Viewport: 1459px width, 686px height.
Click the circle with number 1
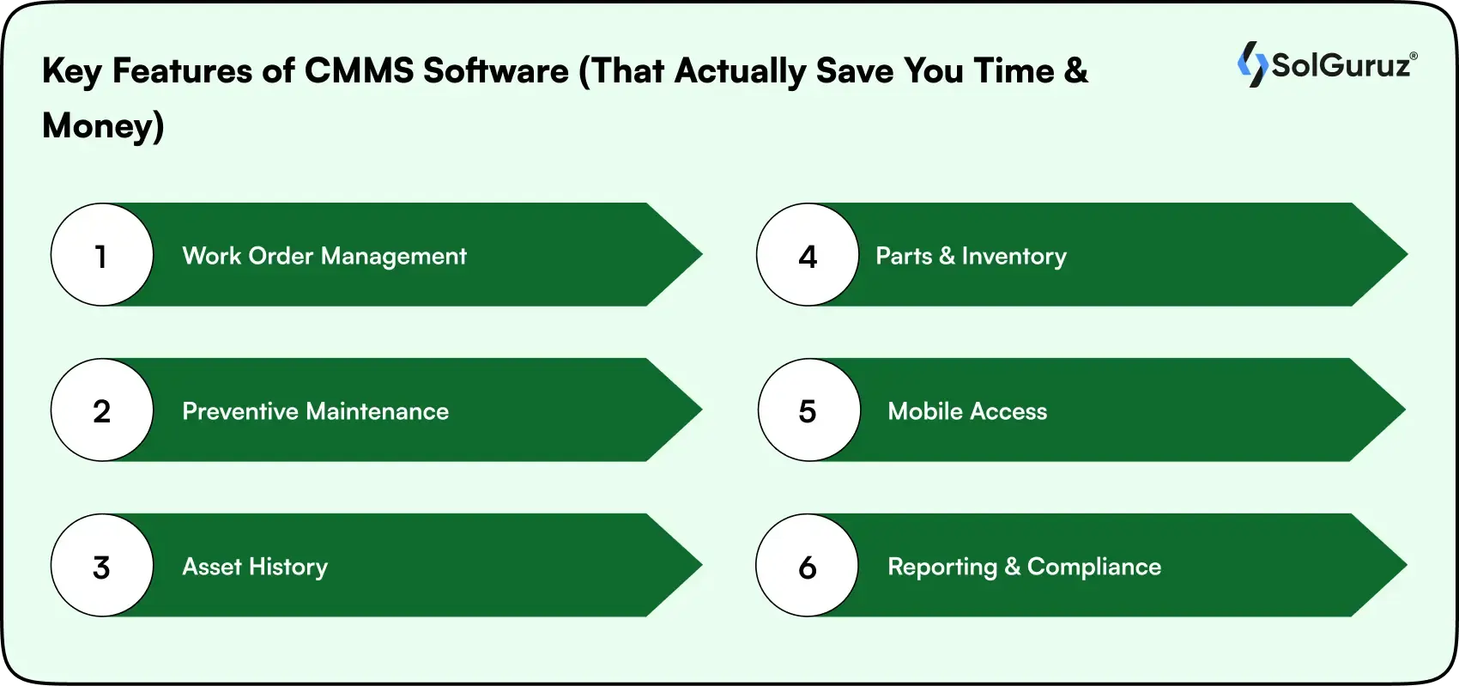tap(101, 255)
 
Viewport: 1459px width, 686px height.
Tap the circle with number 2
tap(101, 410)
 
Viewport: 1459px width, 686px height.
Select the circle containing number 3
tap(101, 566)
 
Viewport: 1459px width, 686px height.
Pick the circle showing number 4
tap(808, 255)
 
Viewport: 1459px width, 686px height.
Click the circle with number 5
tap(808, 410)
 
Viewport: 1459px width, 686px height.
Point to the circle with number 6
tap(808, 566)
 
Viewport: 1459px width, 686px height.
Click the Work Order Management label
tap(324, 256)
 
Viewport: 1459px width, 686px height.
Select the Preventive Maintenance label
tap(315, 411)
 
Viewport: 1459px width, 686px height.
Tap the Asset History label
tap(255, 567)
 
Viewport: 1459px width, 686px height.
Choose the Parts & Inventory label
tap(971, 256)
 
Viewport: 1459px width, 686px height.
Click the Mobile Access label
tap(967, 411)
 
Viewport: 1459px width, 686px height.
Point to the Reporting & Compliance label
tap(1024, 567)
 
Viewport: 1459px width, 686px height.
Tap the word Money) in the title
tap(103, 125)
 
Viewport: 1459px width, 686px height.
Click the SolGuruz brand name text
tap(1341, 65)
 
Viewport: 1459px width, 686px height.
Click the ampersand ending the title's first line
tap(1075, 70)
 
